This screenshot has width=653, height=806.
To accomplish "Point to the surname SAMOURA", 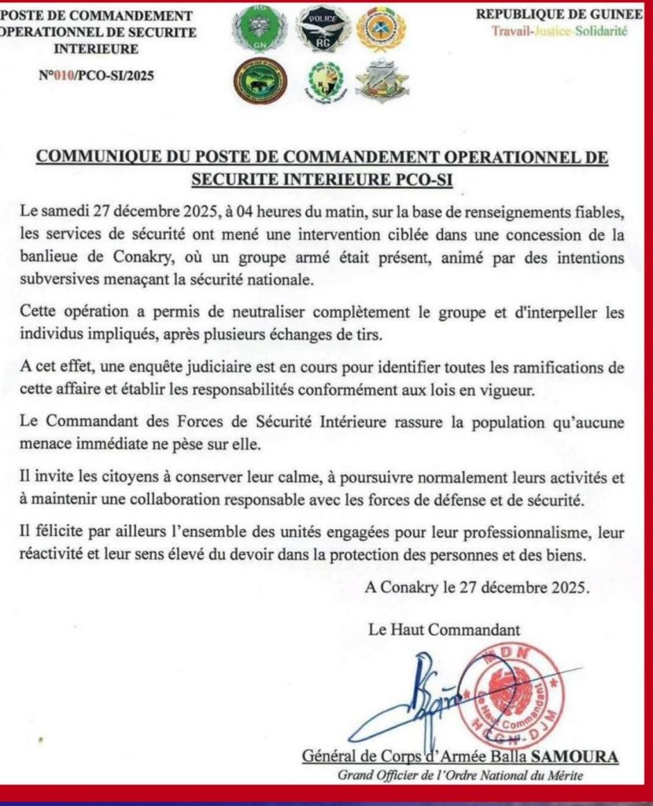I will (579, 756).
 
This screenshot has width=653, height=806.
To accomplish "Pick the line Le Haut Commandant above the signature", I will (444, 629).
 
